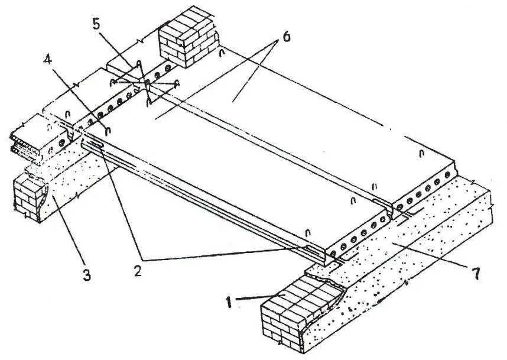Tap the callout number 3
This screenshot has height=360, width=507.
[x=87, y=275]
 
